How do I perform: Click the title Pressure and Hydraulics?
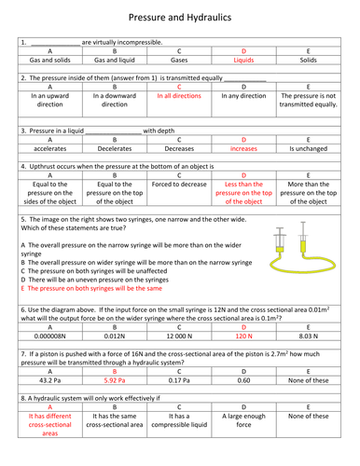click(180, 18)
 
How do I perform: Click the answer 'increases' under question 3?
click(246, 148)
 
